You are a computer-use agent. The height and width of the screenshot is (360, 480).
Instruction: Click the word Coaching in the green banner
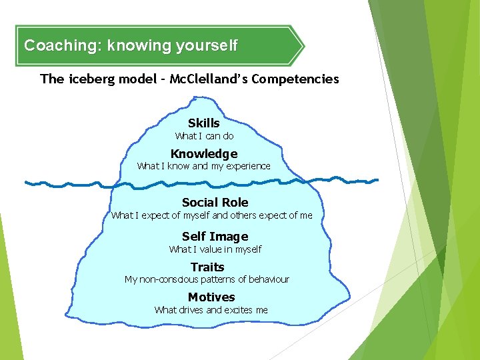(x=54, y=46)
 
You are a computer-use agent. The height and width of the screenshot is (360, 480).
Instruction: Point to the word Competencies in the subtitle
(x=297, y=79)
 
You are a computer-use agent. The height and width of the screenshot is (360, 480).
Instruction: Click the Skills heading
(x=204, y=123)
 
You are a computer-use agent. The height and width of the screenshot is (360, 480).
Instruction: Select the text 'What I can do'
(x=204, y=136)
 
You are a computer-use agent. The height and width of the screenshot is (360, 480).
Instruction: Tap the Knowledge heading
(x=204, y=153)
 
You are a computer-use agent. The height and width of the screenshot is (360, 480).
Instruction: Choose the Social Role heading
(x=215, y=202)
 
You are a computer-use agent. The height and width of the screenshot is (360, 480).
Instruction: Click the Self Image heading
(x=215, y=236)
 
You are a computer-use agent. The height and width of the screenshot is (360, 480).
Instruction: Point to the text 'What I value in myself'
(x=215, y=249)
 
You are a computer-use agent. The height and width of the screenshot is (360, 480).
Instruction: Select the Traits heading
(x=207, y=267)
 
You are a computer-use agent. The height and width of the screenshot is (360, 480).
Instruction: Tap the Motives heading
(x=211, y=297)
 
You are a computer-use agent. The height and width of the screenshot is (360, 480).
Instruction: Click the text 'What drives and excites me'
(x=211, y=310)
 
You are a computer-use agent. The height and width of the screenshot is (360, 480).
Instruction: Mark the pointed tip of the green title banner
(x=303, y=46)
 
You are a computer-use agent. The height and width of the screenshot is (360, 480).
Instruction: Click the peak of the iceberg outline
(x=193, y=99)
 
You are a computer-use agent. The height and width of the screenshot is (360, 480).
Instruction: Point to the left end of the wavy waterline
(x=25, y=181)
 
